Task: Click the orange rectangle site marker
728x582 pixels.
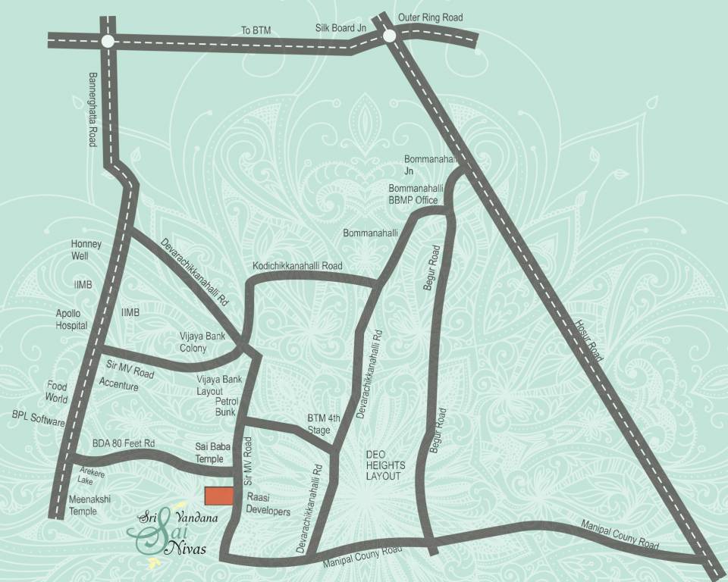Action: point(220,495)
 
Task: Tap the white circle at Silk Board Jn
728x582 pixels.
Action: point(390,36)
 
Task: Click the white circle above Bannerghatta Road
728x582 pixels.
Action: point(108,41)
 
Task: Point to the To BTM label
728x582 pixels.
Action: point(256,30)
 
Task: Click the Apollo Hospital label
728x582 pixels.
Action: point(72,319)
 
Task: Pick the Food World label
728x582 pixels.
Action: point(57,392)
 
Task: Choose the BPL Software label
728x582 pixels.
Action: point(39,419)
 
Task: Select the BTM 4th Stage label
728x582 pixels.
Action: point(318,424)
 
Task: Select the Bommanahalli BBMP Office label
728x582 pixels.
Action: point(413,194)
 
